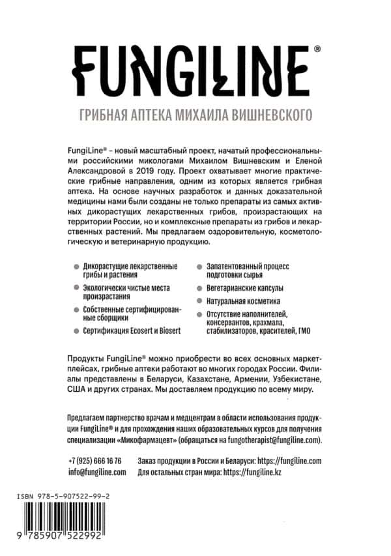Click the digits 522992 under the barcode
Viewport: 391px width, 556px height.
point(98,548)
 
